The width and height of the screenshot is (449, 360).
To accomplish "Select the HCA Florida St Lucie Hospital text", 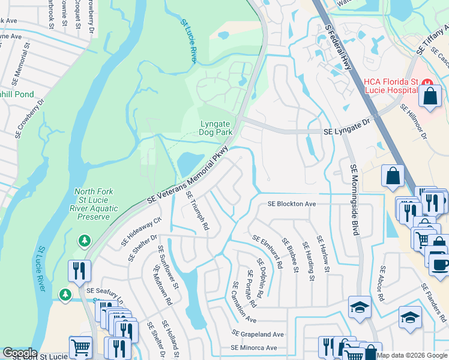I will (x=390, y=85).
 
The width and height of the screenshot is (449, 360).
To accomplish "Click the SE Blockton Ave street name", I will (x=292, y=204).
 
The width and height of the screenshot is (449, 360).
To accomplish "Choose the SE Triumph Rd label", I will (x=197, y=211).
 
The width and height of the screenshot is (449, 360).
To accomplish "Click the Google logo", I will (x=19, y=353).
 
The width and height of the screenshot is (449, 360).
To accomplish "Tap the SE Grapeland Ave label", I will (x=258, y=334).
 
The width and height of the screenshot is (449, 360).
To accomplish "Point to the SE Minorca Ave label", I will (x=255, y=347).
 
